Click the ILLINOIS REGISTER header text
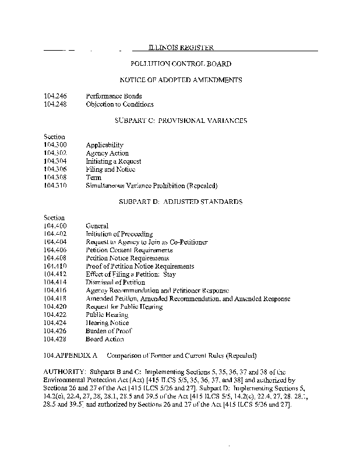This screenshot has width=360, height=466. click(x=181, y=48)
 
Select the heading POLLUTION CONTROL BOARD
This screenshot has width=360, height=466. click(x=181, y=63)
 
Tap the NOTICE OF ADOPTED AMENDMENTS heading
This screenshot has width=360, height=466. click(x=181, y=80)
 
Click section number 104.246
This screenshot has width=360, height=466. click(x=55, y=96)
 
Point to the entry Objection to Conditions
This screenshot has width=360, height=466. click(x=119, y=104)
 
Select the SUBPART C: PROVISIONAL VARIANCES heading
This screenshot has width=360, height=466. click(x=181, y=121)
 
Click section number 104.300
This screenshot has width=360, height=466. click(x=55, y=145)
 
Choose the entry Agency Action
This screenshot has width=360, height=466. click(x=107, y=153)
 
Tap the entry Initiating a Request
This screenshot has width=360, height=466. click(x=114, y=161)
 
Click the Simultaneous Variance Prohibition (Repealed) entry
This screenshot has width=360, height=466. click(x=151, y=186)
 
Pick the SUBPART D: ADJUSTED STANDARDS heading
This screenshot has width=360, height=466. click(x=181, y=202)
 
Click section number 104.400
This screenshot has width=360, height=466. click(x=55, y=226)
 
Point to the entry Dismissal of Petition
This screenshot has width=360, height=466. click(x=115, y=283)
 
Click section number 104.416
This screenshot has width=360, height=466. click(x=55, y=291)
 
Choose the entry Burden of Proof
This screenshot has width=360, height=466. click(x=109, y=331)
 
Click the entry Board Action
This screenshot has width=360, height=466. click(x=105, y=339)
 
